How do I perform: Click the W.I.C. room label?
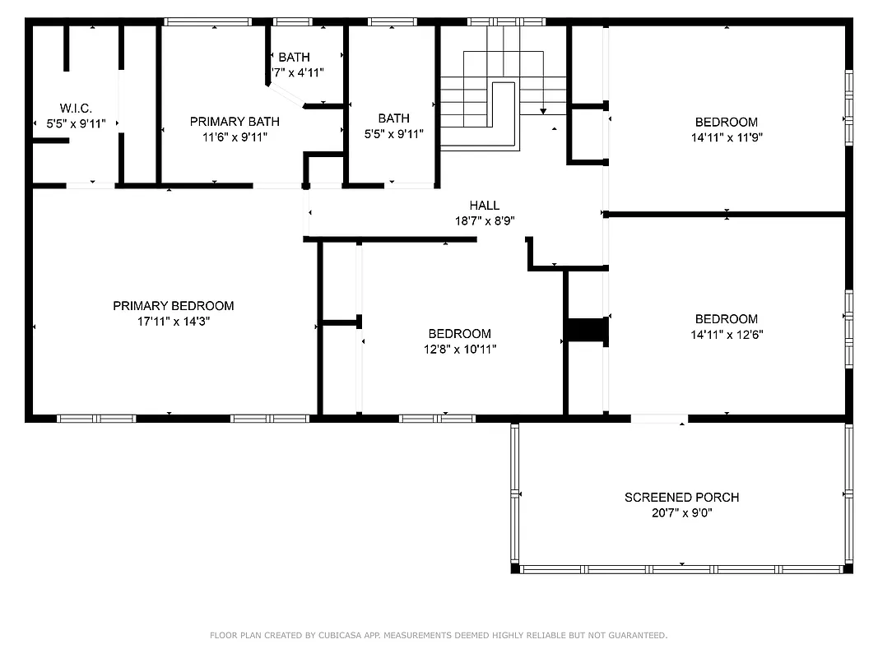click(x=75, y=109)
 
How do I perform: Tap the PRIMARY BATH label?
click(x=235, y=122)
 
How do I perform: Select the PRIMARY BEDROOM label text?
click(x=173, y=306)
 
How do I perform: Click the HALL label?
click(x=485, y=206)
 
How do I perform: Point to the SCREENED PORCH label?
click(x=681, y=498)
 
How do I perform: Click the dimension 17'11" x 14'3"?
click(x=173, y=322)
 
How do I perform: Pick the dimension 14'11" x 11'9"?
click(x=727, y=138)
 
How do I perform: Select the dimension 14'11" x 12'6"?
click(x=727, y=335)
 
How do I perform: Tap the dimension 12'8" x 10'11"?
click(x=459, y=350)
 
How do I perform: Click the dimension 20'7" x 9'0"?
click(x=681, y=513)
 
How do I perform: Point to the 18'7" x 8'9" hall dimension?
click(x=485, y=221)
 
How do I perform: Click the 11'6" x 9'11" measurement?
click(x=235, y=137)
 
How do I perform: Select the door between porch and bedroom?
click(x=659, y=419)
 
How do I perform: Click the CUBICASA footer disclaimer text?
click(x=439, y=635)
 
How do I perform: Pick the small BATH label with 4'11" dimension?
click(x=294, y=58)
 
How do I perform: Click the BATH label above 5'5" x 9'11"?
click(x=393, y=118)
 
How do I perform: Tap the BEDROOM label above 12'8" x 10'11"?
click(x=459, y=334)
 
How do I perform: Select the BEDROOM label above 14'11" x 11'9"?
click(x=727, y=123)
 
